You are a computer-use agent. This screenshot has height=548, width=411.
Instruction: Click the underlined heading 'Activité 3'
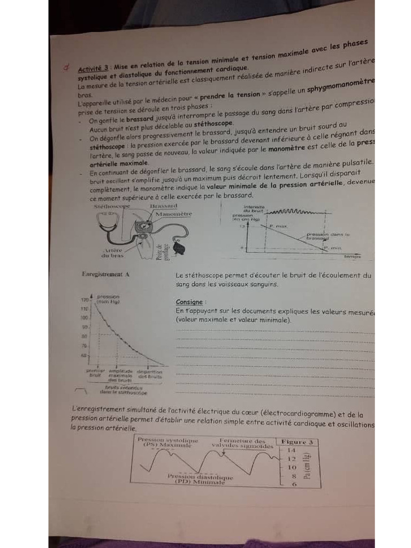[x=94, y=68]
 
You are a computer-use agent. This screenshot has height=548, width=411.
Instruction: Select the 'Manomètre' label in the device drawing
[x=173, y=214]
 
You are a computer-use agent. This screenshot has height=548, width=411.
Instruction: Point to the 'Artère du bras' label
[x=113, y=253]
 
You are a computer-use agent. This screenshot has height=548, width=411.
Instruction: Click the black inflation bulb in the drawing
[x=181, y=248]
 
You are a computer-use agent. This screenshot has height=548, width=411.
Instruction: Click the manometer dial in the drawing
[x=143, y=226]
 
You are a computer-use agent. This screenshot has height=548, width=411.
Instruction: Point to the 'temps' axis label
[x=352, y=257]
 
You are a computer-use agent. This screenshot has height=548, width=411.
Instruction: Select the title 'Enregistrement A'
[x=105, y=274]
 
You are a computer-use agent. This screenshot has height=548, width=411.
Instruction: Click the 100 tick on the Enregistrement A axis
[x=84, y=317]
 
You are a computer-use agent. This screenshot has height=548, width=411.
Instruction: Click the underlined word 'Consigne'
[x=189, y=302]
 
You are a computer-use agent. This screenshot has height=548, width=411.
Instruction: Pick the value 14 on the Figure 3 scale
[x=292, y=451]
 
